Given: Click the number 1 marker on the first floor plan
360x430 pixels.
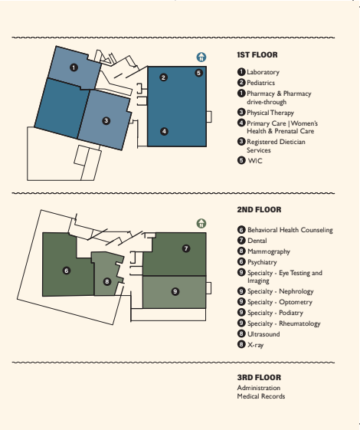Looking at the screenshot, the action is coord(74,67).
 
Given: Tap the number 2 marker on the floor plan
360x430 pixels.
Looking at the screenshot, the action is coord(164,77).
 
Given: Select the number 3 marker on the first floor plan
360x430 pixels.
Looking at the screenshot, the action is coord(106,121).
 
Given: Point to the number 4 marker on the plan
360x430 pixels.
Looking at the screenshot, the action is coord(164,131).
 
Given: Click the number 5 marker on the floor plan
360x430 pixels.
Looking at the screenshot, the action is coord(199,73).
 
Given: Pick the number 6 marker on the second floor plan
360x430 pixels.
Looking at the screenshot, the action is coord(67,271).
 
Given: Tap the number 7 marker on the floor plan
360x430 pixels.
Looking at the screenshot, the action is coord(186,248).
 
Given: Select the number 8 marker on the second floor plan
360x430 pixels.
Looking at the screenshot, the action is coord(107,281).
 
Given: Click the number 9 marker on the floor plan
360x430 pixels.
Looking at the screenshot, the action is coord(175,291).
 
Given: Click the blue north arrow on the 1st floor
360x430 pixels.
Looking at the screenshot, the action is coord(201,57).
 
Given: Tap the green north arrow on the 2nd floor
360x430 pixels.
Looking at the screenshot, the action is coord(201,224).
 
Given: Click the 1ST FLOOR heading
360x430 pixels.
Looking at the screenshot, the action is coord(257,55).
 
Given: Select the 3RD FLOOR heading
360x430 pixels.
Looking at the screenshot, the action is coord(259,378).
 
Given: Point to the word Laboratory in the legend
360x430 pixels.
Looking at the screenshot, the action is coord(263,72).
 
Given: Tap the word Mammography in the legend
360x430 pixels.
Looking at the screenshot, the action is coord(269,251).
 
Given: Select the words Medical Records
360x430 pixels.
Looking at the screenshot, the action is coord(261,396).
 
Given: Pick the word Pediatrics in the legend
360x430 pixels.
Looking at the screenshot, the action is coord(261,83).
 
